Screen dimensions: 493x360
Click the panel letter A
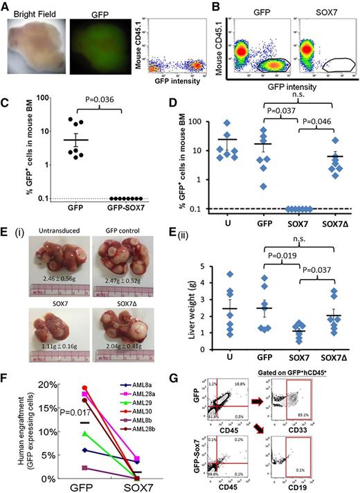[x=6, y=6]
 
